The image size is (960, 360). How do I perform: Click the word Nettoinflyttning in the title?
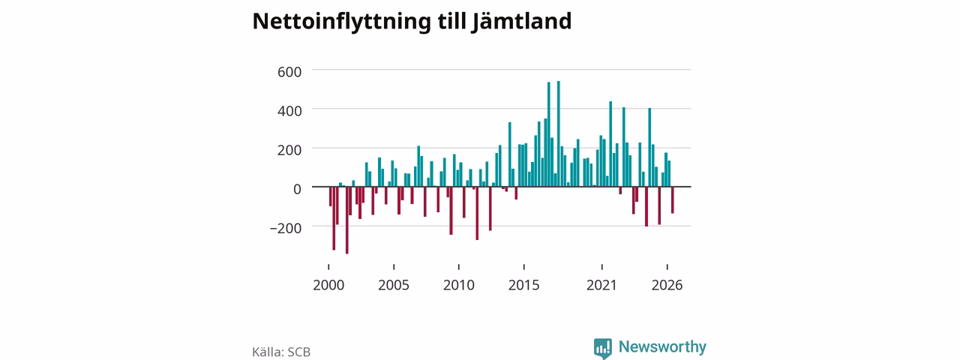coord(341,22)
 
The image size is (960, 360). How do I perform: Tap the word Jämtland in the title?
coord(521,22)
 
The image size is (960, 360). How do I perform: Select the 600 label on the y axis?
coord(289,71)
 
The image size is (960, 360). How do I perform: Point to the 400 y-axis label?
coord(289,111)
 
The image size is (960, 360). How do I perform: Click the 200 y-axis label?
coord(289,150)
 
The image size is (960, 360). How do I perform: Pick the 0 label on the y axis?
coord(297,189)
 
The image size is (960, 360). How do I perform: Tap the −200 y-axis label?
coord(286,228)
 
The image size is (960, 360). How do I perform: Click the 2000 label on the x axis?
coord(328,285)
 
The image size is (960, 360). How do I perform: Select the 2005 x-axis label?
coord(394,285)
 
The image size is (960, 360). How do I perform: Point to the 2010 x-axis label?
coord(459,285)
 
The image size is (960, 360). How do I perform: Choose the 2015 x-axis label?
coord(524,285)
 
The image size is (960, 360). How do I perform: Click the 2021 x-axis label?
coord(601,285)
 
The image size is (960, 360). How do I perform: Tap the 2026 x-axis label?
coord(667,285)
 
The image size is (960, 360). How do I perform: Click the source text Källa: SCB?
coord(281,352)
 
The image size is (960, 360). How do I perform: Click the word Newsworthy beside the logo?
coord(662,346)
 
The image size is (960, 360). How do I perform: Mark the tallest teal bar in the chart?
coord(559,133)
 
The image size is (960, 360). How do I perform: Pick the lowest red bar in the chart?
coord(347,220)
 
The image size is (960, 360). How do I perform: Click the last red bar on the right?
coord(673,200)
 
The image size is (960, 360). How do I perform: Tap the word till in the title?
coord(451,22)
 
